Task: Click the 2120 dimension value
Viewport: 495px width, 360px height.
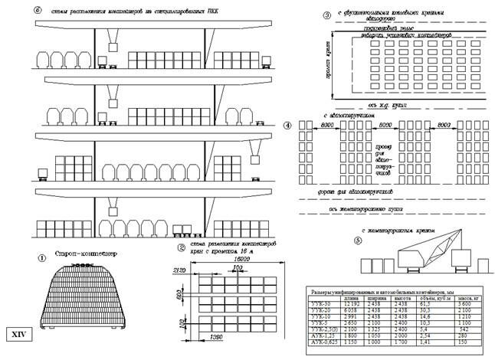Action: tap(180, 270)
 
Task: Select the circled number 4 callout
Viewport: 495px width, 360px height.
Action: tap(287, 125)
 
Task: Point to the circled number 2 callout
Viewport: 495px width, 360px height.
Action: tap(181, 247)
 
